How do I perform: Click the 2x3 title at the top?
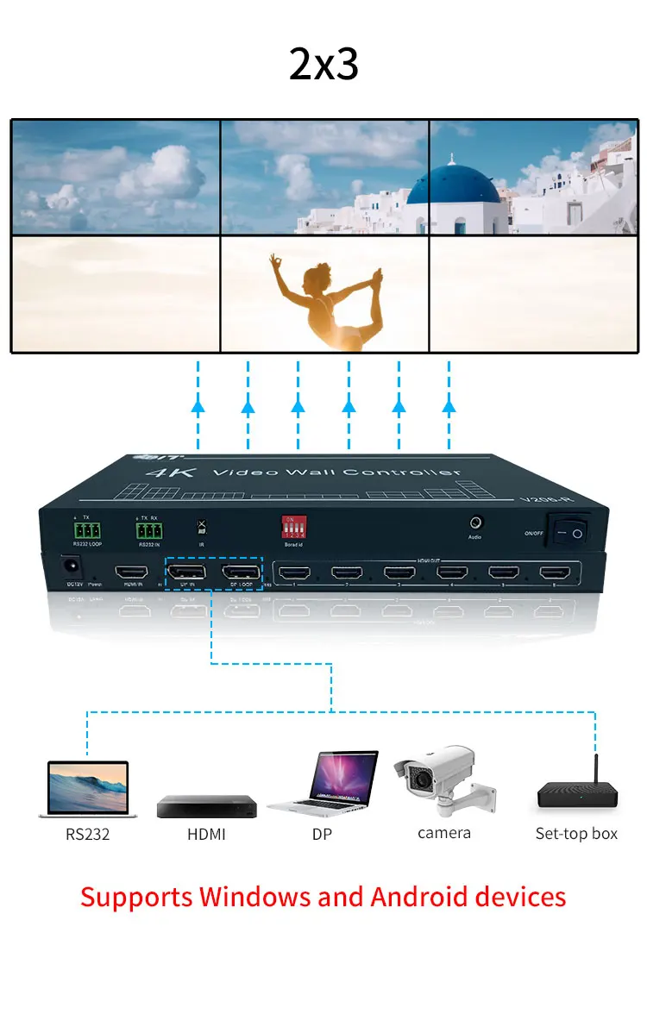(323, 65)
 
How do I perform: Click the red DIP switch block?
(295, 528)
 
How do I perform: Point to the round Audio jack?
(474, 523)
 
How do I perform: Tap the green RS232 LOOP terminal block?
(86, 529)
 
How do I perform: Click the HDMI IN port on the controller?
(133, 573)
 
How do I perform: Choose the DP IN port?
(186, 573)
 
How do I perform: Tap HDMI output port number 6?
(556, 572)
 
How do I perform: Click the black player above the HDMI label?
(207, 806)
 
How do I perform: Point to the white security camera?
(440, 776)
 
